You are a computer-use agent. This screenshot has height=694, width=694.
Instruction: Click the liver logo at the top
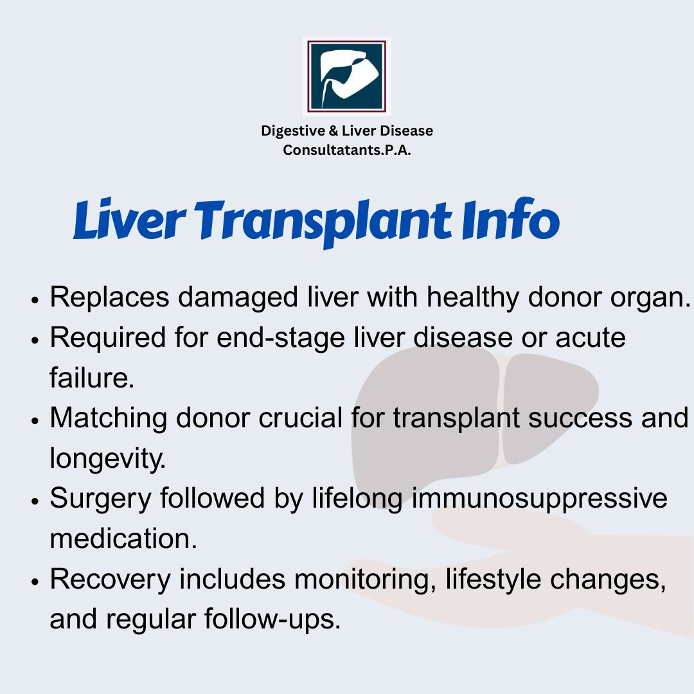346,76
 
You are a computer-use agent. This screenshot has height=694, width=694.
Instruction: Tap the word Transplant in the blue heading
322,222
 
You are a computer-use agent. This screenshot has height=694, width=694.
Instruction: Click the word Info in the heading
511,218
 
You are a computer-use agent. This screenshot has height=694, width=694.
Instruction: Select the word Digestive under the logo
292,132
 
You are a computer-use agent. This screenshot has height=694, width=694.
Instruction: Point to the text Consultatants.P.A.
347,150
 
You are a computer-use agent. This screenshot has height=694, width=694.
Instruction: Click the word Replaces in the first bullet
109,297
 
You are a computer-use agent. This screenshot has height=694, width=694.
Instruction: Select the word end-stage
281,339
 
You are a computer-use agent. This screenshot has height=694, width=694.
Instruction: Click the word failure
92,378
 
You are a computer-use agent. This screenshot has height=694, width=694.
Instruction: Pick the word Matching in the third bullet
109,419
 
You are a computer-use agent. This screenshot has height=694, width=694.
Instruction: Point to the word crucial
301,418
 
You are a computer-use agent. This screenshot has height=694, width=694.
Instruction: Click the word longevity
107,459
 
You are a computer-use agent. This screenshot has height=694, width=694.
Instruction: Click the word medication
123,538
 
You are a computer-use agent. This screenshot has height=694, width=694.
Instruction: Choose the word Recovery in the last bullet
111,580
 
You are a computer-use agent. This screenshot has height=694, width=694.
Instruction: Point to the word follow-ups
272,619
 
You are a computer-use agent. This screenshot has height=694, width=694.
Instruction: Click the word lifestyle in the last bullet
493,580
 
